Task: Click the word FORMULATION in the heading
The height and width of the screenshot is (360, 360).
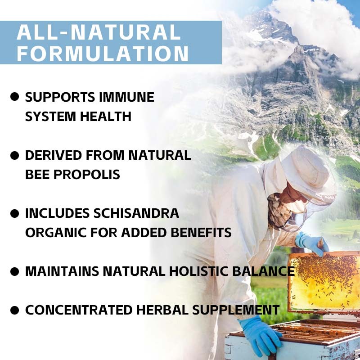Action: (103, 54)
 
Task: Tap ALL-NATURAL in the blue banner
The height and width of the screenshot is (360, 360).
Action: (99, 32)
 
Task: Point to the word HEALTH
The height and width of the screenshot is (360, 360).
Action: (106, 117)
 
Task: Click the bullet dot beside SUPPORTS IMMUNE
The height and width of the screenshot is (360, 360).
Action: (15, 97)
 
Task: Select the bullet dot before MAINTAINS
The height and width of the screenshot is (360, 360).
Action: (15, 271)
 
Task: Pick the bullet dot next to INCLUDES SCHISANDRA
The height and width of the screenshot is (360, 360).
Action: (15, 213)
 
